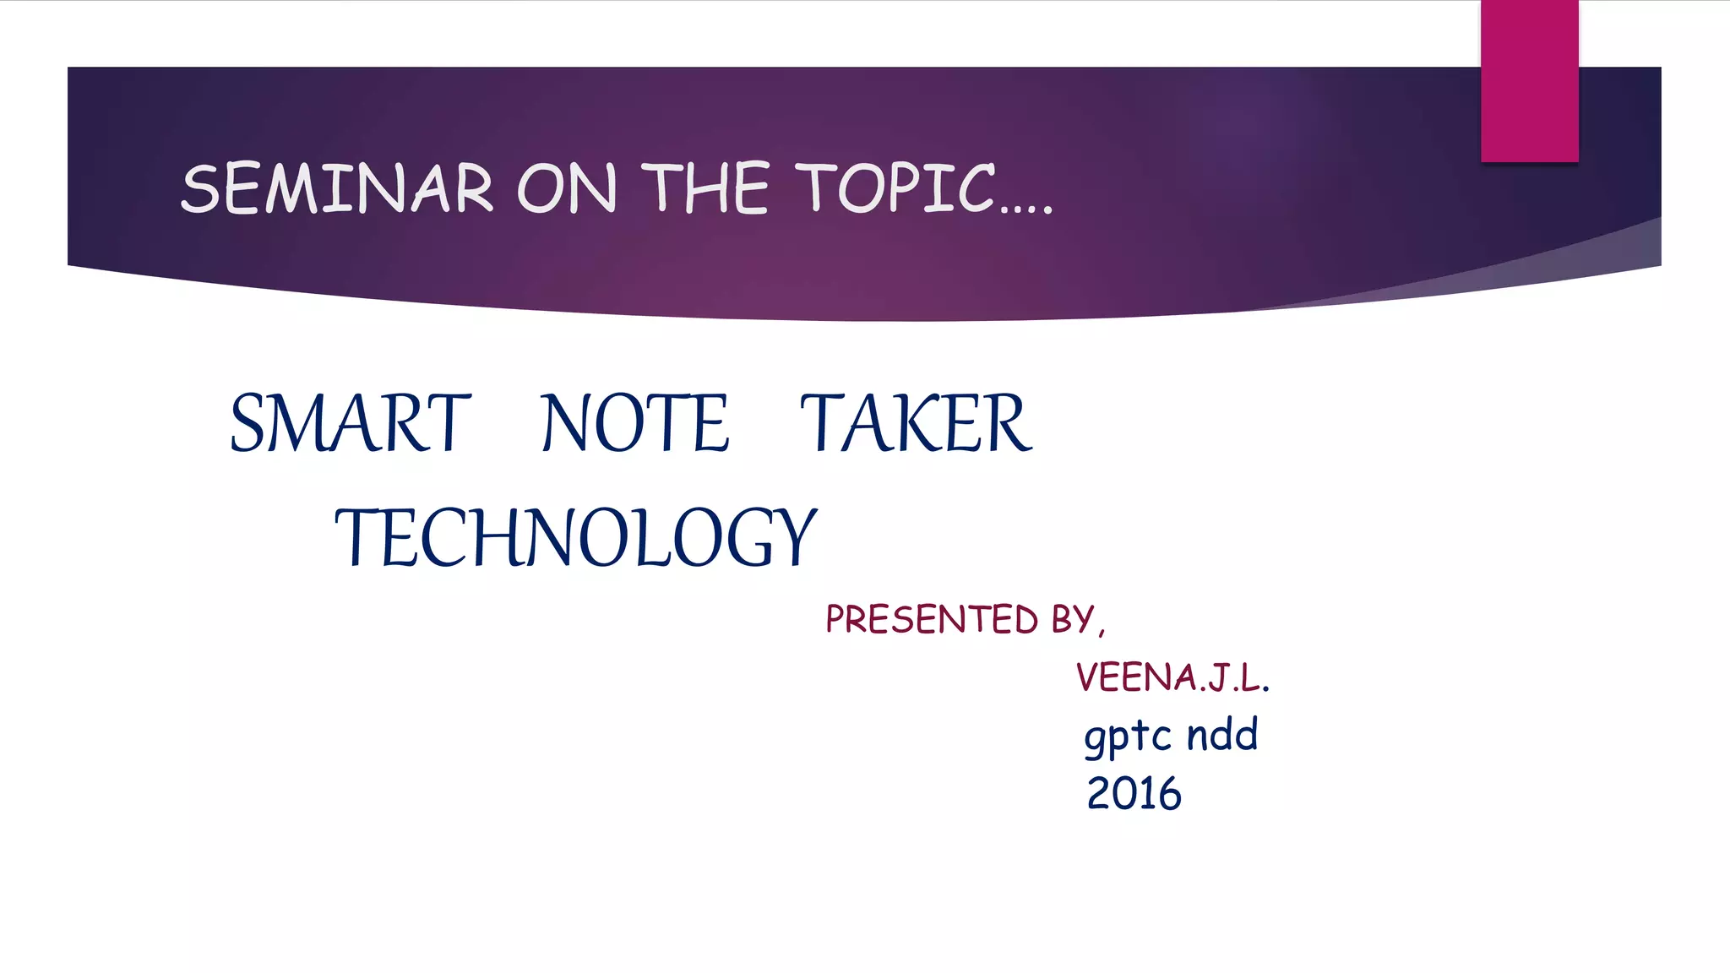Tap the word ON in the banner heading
566,188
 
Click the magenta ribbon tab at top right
1529,80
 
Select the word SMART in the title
350,424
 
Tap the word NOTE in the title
634,424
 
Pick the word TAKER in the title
916,424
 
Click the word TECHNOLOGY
576,538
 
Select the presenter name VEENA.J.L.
1172,677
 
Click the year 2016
1134,794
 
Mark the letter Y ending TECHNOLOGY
793,538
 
